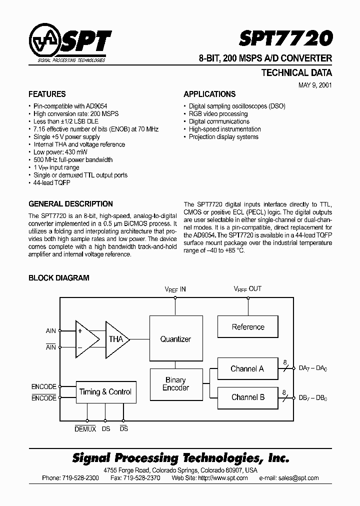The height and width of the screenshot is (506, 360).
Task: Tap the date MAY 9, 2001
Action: [x=314, y=85]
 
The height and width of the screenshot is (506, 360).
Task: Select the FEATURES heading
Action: [x=47, y=94]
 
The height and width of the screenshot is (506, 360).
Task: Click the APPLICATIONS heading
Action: [x=209, y=94]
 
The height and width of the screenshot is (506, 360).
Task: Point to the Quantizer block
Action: [x=175, y=339]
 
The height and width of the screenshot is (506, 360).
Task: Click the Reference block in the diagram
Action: [x=248, y=327]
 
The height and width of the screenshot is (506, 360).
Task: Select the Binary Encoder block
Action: [x=175, y=383]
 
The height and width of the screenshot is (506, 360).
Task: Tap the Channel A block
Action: [x=247, y=369]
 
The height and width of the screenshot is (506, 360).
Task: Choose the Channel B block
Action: [x=247, y=397]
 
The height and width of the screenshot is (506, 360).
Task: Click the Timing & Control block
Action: [x=105, y=392]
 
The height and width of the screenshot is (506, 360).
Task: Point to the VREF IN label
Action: [x=175, y=289]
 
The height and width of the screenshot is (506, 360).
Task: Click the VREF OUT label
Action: [x=247, y=289]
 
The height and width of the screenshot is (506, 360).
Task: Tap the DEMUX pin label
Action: [x=85, y=429]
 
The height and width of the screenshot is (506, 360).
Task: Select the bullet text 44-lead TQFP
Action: [x=52, y=183]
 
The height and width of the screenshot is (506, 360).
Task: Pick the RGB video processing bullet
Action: [x=218, y=113]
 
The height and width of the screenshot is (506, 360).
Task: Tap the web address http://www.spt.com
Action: [x=223, y=478]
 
